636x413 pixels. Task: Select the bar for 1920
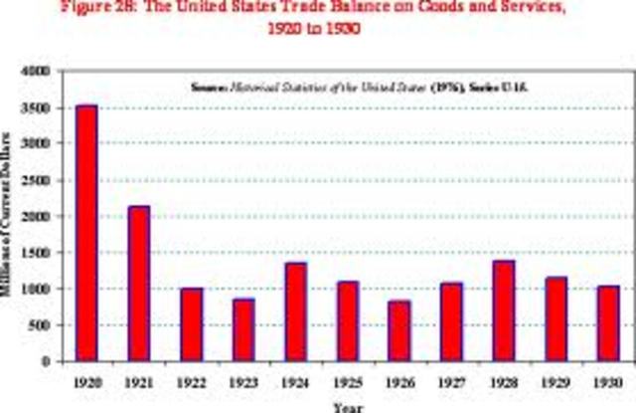click(87, 233)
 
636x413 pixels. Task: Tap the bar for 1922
click(190, 324)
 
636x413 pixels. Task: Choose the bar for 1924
click(294, 311)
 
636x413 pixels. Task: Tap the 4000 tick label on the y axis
click(36, 72)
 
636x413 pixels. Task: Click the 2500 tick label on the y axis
click(36, 180)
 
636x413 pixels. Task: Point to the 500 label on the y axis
click(40, 324)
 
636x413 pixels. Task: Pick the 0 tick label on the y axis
click(46, 361)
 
